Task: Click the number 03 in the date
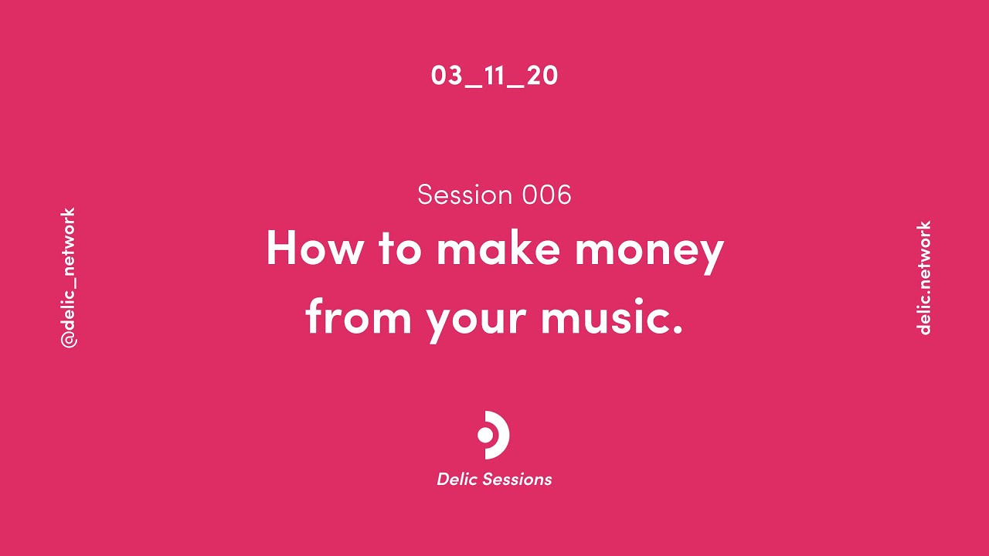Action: coord(446,76)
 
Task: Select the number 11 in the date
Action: coord(494,76)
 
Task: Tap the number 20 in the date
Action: coord(542,76)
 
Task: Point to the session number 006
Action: coord(546,195)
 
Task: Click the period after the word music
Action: coord(678,331)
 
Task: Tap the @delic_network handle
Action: coord(69,278)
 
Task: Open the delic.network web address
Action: coord(923,278)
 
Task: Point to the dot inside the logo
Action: coord(485,435)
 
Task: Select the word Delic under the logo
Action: coord(457,480)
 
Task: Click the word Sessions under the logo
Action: coord(517,480)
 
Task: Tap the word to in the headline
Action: coord(399,249)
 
